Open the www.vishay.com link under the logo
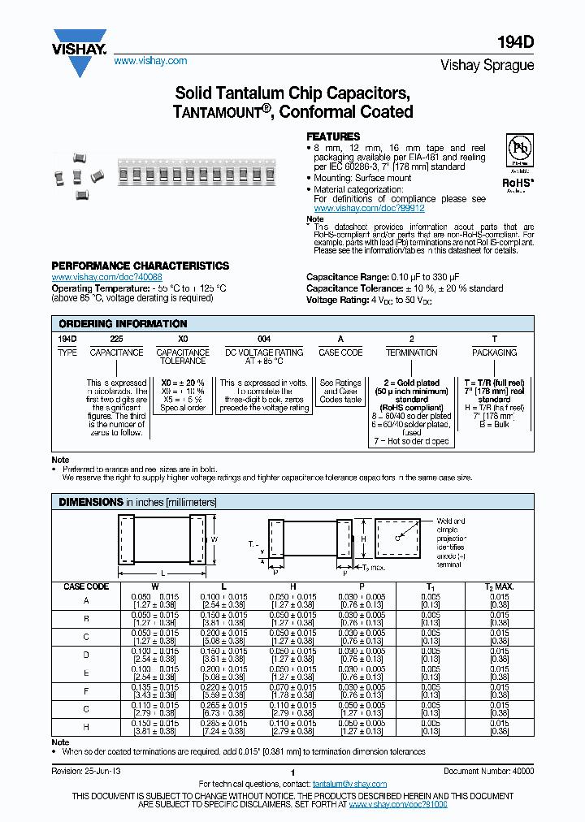pyautogui.click(x=150, y=61)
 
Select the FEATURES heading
pyautogui.click(x=332, y=136)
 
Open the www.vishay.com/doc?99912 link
pyautogui.click(x=369, y=208)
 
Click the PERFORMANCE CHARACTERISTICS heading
pyautogui.click(x=140, y=266)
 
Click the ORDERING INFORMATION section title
pyautogui.click(x=123, y=323)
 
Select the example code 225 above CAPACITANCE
pyautogui.click(x=116, y=338)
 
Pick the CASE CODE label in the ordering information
pyautogui.click(x=340, y=353)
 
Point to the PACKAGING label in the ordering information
pyautogui.click(x=494, y=353)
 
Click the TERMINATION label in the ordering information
pyautogui.click(x=411, y=353)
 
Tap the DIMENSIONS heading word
pyautogui.click(x=90, y=503)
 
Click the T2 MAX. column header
pyautogui.click(x=500, y=586)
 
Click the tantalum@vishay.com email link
pyautogui.click(x=349, y=784)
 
